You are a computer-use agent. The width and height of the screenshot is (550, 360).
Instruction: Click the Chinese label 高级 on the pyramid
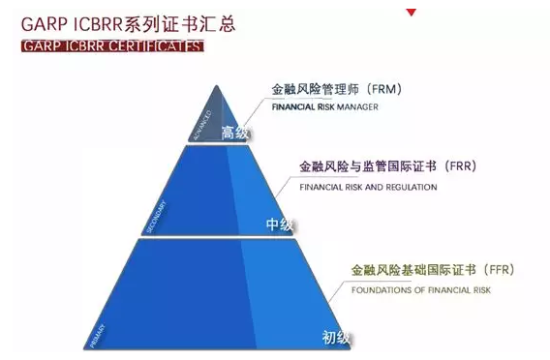229,132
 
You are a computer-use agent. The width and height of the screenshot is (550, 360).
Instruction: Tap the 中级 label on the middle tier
279,225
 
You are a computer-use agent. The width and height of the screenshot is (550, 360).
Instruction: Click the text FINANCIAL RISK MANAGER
324,107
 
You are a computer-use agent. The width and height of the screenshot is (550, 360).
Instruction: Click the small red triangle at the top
412,13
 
